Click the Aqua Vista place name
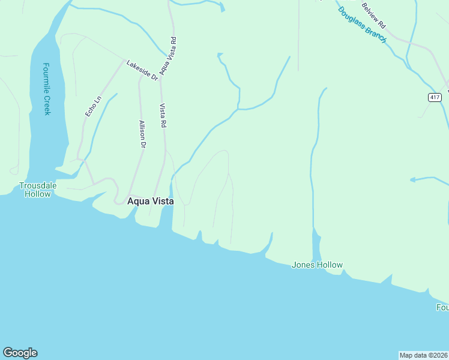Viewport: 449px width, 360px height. point(151,202)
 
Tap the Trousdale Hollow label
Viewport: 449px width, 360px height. point(38,190)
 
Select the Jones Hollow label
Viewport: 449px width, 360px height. point(317,265)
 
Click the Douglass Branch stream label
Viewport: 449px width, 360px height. point(361,23)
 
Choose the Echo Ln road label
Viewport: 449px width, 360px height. point(93,106)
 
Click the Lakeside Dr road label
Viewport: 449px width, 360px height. point(142,70)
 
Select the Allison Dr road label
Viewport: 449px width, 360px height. point(142,134)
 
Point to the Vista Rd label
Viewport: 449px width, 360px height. point(163,115)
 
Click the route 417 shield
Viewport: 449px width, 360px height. point(435,97)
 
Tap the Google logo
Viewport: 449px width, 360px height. point(20,353)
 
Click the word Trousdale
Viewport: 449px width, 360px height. point(38,185)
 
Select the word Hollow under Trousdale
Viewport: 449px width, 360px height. point(38,194)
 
